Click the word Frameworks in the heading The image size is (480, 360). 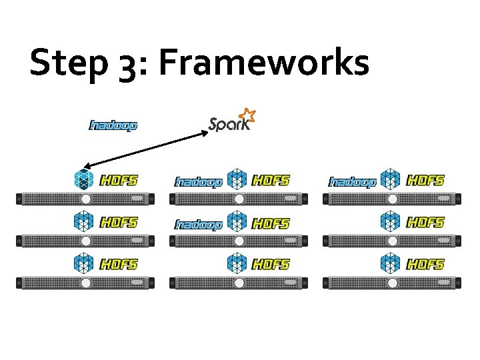coord(263,64)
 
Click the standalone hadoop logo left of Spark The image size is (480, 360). coord(113,125)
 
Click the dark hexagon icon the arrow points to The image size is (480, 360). coord(84,179)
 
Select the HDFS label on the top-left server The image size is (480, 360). coord(119,180)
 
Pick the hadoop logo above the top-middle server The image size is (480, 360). coord(198,182)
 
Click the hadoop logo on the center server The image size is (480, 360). coord(198,225)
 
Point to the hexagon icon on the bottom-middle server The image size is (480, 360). coord(237,264)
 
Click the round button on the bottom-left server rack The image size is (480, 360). coord(85,283)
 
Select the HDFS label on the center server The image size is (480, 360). coord(271,223)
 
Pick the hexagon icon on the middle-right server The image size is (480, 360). coord(391,221)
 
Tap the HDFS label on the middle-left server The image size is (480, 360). coord(119,222)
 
